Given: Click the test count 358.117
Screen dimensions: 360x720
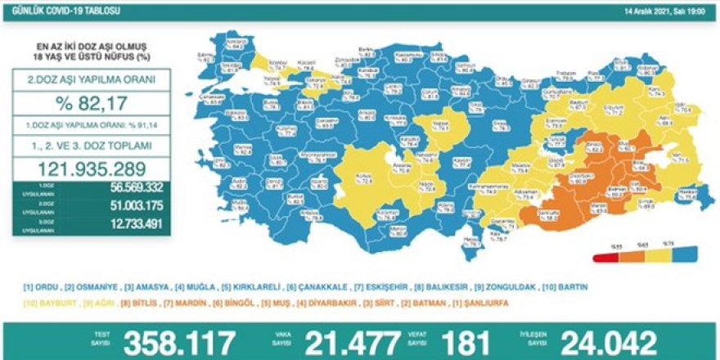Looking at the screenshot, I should pyautogui.click(x=178, y=340).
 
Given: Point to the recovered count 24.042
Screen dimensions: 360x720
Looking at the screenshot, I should pyautogui.click(x=608, y=340).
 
